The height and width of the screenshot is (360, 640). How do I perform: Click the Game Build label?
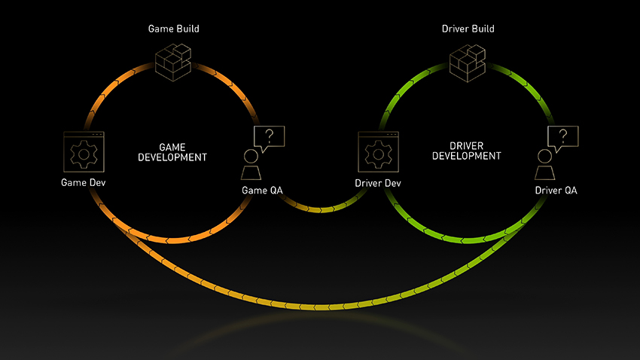coord(173,29)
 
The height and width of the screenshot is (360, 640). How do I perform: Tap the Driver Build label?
coord(468,29)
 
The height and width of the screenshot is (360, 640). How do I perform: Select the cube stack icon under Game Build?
coord(173,62)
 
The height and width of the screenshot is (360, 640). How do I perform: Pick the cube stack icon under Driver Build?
coord(468,63)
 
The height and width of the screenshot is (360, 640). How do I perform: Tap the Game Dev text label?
coord(84,182)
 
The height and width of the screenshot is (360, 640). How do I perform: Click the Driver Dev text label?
coord(377,183)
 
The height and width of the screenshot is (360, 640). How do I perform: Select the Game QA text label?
coord(262,191)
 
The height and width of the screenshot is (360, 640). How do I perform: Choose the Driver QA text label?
coord(556,191)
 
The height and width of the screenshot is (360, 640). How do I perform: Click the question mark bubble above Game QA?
coord(269,138)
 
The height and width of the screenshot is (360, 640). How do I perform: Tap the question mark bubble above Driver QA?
coord(563,138)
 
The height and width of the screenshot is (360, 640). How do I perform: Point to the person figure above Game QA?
coord(251,164)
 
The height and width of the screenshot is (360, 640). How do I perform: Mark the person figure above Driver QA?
coord(545,164)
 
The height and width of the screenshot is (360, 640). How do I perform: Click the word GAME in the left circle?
coord(172,147)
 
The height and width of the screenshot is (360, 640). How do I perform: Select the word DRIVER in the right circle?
coord(466,145)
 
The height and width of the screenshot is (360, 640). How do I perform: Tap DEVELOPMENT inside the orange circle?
coord(172,157)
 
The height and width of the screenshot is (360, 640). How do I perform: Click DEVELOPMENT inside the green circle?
coord(467,156)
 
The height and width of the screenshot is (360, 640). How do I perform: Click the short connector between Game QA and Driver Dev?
coord(322,210)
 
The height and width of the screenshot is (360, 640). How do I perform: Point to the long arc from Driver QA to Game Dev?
coord(322,306)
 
